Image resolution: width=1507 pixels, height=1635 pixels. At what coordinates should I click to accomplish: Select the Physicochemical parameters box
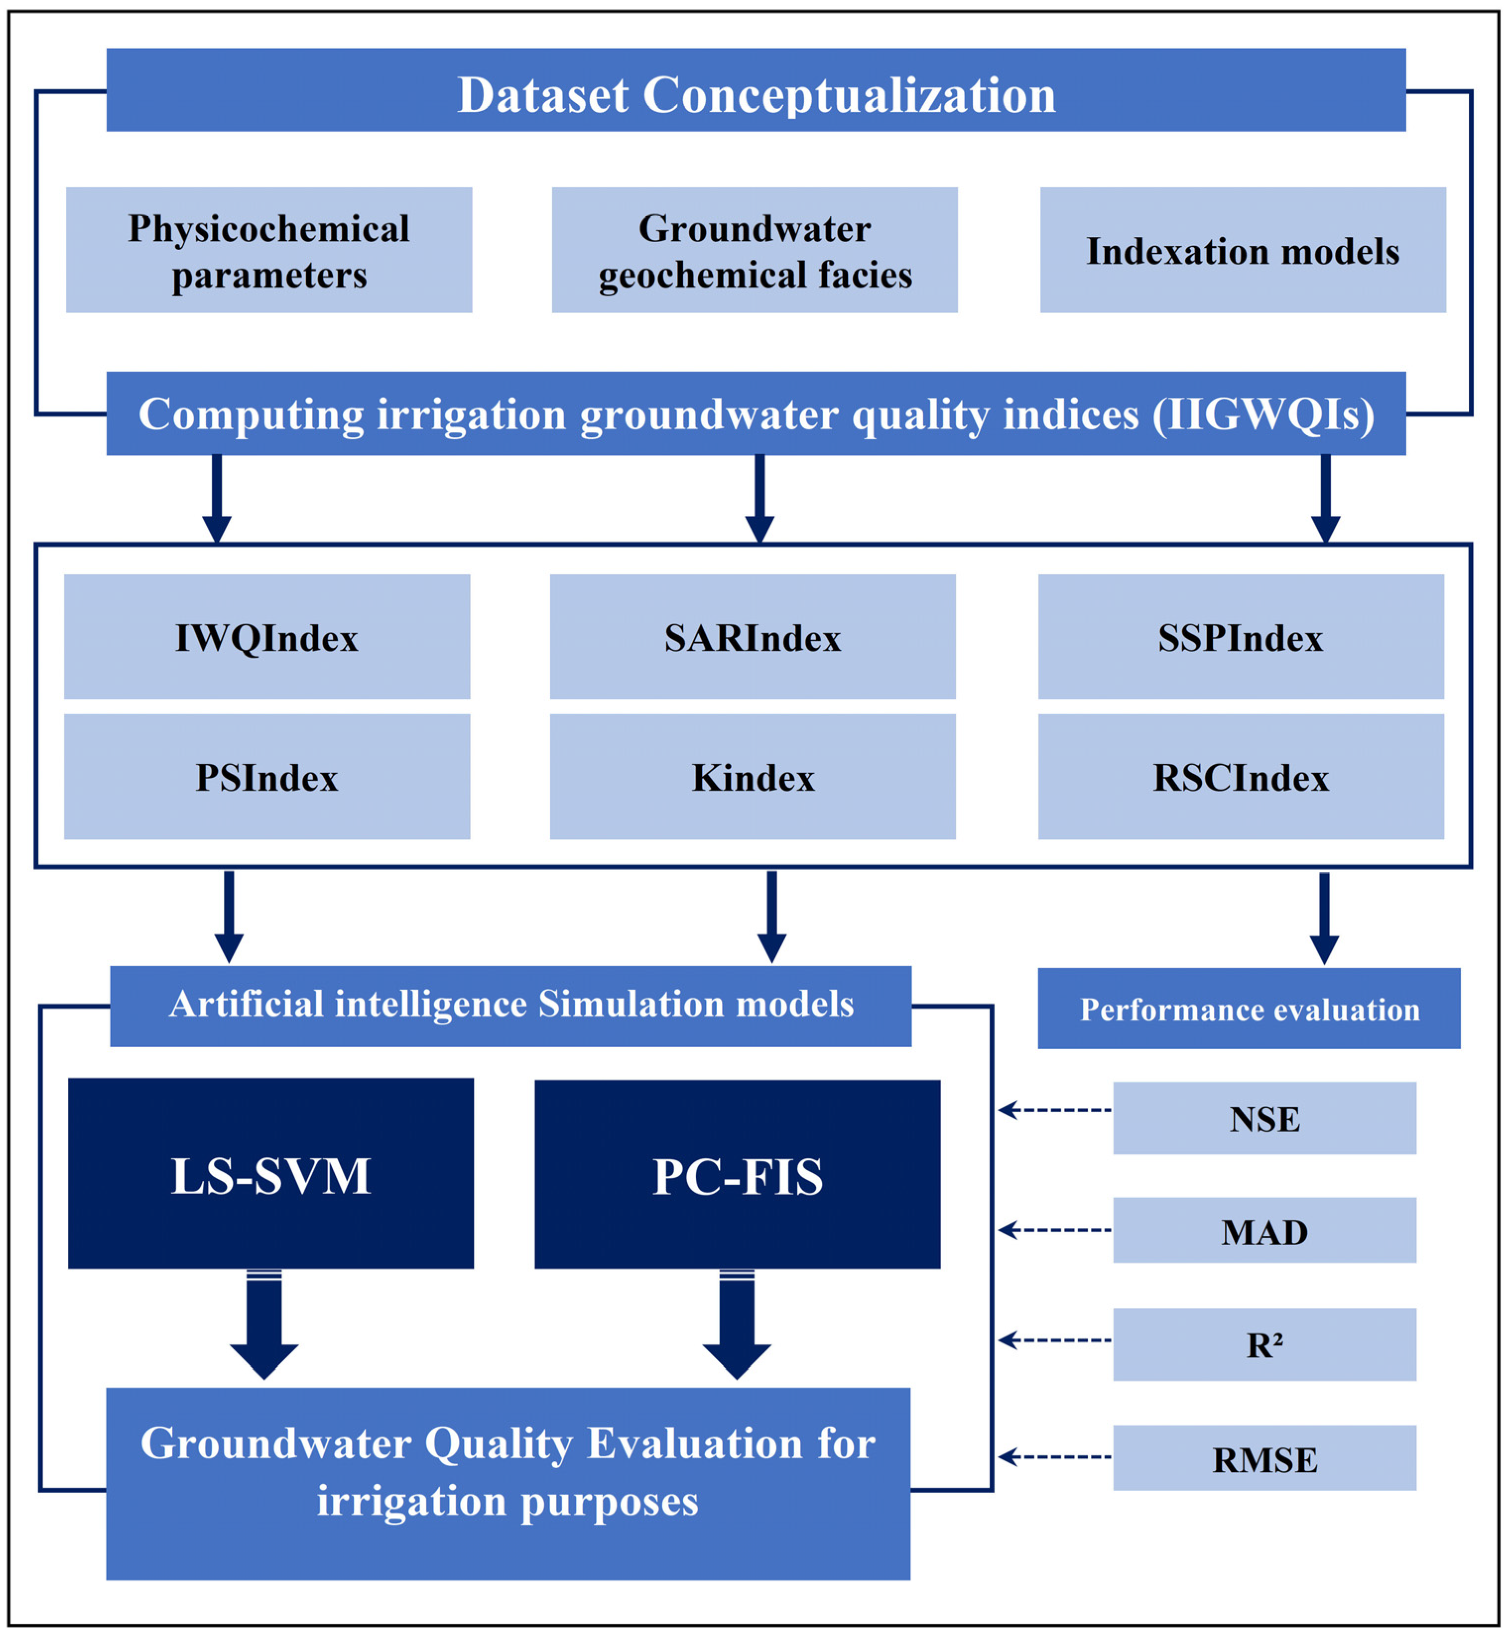pos(268,250)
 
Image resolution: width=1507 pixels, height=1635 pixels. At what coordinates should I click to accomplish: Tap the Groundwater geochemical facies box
pos(754,250)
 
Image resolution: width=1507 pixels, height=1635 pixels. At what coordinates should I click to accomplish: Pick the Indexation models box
pos(1242,250)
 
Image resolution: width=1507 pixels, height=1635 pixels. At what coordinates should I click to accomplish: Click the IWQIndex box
pos(267,637)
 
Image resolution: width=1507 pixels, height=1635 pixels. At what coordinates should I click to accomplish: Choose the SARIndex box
pos(752,637)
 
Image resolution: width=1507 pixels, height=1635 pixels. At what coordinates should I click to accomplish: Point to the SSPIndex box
pos(1240,637)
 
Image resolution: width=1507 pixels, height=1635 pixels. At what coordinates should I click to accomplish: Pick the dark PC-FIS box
pos(737,1174)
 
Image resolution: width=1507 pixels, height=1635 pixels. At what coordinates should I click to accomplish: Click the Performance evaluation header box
pos(1249,1008)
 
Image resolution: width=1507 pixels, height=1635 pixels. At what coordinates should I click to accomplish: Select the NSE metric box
pos(1264,1118)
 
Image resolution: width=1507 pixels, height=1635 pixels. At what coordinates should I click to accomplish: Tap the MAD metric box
pos(1264,1231)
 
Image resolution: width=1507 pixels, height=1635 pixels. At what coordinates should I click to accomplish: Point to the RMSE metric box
pos(1264,1459)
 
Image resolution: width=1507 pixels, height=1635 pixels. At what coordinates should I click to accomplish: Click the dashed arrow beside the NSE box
pos(1055,1110)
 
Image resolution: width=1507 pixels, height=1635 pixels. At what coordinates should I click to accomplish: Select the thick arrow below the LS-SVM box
pos(264,1325)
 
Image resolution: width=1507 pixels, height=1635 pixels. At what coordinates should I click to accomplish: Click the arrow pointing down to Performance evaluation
pos(1324,918)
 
